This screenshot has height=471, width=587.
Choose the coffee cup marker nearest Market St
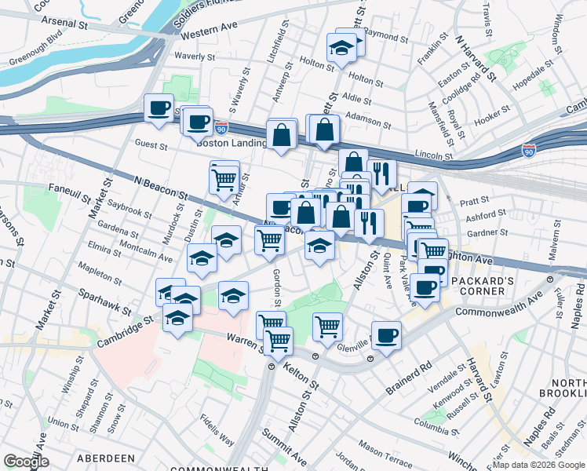tap(159, 108)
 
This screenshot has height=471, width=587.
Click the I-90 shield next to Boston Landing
tap(222, 126)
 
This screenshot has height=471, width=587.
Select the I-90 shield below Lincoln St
tap(528, 148)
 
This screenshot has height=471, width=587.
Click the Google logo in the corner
tap(26, 461)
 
